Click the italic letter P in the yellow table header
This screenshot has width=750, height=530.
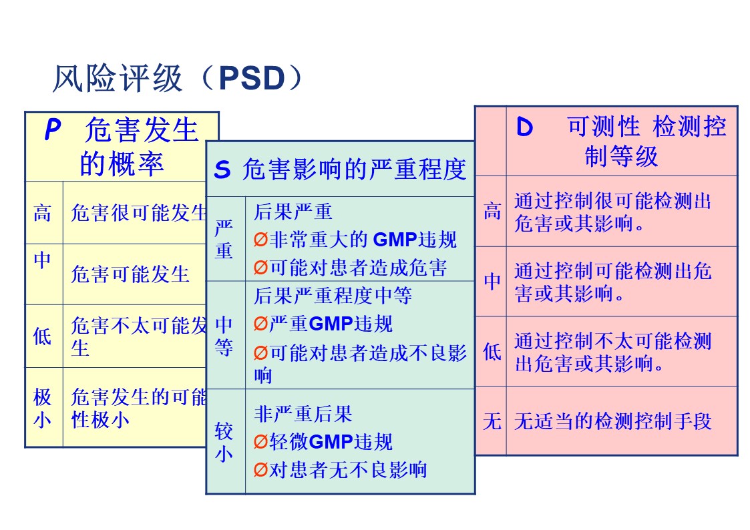coord(52,130)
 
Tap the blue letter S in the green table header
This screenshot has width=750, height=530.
coord(222,170)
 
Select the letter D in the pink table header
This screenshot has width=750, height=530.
coord(526,127)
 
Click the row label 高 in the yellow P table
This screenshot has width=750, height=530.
coord(43,213)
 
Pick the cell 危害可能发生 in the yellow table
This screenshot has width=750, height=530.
coord(130,274)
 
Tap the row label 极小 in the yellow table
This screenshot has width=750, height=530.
coord(43,409)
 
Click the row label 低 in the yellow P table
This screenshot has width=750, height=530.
coord(43,336)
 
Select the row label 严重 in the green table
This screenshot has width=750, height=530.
coord(224,239)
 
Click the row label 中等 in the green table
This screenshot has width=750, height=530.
coord(224,336)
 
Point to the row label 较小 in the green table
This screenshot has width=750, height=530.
coord(224,442)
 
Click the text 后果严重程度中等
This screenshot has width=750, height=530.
coord(333,295)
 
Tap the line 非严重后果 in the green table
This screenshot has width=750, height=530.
coord(303,414)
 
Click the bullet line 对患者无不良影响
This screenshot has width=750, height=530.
coord(347,470)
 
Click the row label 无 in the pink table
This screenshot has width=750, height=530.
coord(492,421)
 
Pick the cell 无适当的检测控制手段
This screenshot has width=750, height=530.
coord(612,421)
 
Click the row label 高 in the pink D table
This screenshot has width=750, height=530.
coord(492,212)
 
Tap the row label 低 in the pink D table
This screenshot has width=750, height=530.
coord(492,351)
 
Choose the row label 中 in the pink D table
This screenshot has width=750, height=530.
coord(492,282)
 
